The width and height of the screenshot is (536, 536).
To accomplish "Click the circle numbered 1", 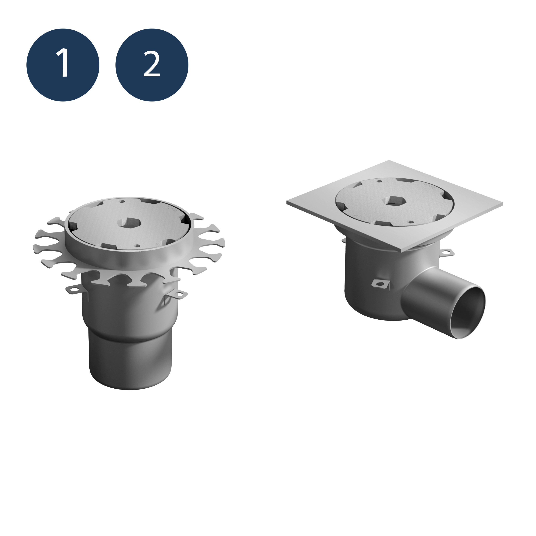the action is [63, 65].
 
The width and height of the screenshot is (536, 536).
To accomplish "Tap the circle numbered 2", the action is [152, 65].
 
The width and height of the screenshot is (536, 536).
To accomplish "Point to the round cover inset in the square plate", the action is [394, 201].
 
